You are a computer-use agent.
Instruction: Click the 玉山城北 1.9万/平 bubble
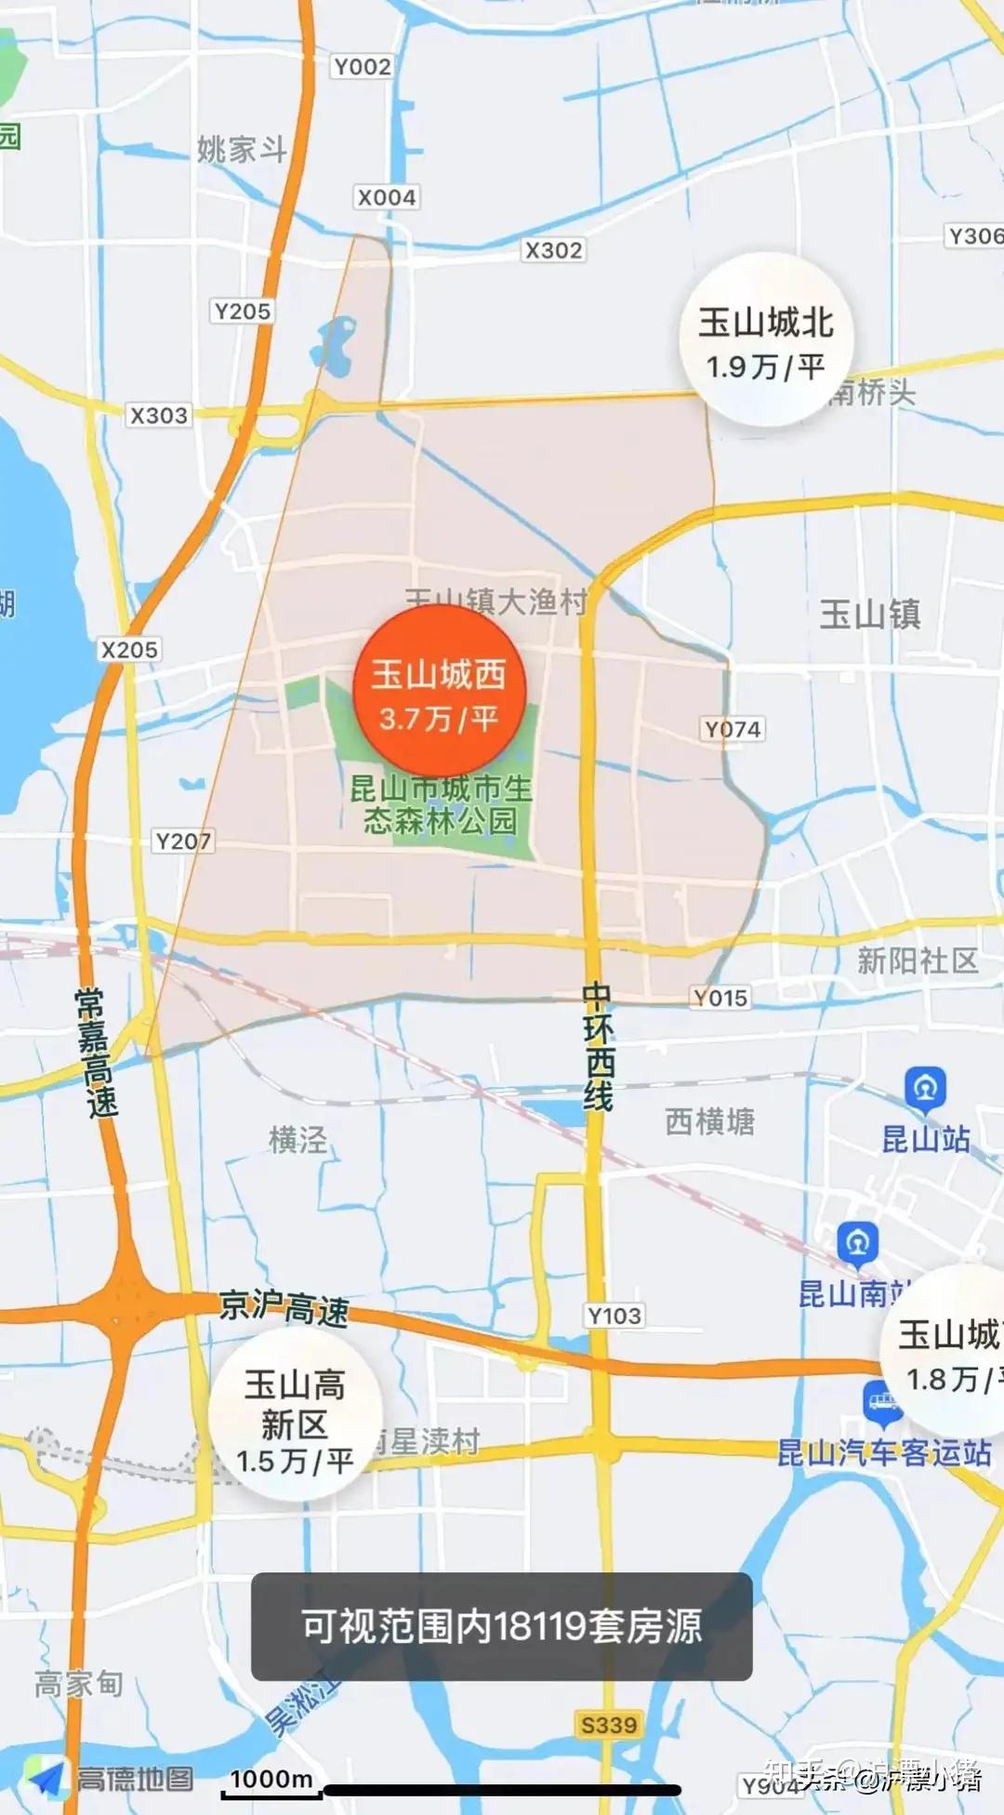(766, 341)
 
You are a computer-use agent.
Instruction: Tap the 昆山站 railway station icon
(925, 1087)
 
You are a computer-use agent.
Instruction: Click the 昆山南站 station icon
(857, 1242)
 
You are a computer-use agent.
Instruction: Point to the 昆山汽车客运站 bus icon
(882, 1402)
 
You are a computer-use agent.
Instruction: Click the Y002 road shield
(362, 67)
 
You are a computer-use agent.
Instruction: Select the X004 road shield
(387, 197)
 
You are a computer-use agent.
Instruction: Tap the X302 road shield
(553, 250)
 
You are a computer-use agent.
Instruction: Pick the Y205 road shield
(242, 311)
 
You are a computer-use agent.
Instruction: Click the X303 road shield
(158, 416)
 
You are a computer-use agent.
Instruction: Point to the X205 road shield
(129, 650)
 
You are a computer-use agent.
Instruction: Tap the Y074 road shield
(733, 729)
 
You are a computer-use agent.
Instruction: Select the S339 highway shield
(608, 1725)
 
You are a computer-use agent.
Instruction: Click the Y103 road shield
(614, 1316)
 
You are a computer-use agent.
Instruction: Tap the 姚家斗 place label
(242, 149)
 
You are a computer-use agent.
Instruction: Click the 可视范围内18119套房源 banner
(501, 1626)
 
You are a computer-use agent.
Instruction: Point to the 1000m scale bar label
(271, 1779)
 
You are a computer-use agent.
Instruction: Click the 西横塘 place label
(709, 1122)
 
